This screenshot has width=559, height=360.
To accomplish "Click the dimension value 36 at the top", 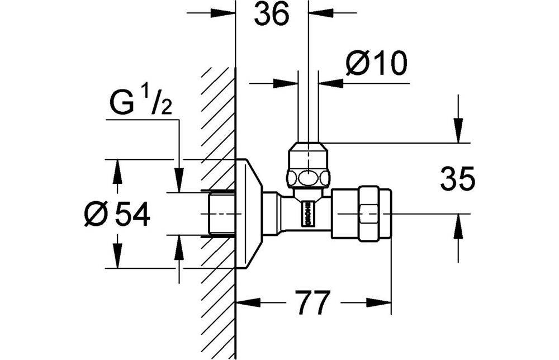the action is [x=271, y=15].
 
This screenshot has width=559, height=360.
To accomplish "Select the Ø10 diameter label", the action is [x=376, y=63].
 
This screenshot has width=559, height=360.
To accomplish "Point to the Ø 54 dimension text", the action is [x=117, y=214].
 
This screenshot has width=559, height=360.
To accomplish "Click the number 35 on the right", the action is [x=458, y=178].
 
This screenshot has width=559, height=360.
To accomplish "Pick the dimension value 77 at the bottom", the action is [x=312, y=302].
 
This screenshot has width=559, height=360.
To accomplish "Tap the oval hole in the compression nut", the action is [x=309, y=178].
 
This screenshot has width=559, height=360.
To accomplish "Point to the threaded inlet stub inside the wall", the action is [x=221, y=214].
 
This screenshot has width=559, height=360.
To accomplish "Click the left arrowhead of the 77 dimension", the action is [x=249, y=302].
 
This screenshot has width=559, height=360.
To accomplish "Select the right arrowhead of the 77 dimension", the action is [x=379, y=302].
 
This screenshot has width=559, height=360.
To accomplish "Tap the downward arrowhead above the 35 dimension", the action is [x=458, y=130].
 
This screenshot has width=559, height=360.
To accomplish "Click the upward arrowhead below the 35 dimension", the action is [x=458, y=226].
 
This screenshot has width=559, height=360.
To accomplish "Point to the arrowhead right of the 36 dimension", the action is [x=320, y=13].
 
